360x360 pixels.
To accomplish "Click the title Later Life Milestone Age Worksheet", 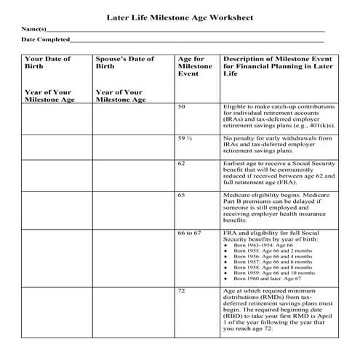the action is tap(180, 15).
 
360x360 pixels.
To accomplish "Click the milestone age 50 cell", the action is tap(182, 107).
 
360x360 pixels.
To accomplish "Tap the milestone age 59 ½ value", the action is tap(185, 137).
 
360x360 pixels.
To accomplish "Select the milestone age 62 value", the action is tap(182, 164).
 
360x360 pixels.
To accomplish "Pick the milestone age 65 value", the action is tap(182, 196).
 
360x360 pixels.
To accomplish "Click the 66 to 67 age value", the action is tap(189, 231).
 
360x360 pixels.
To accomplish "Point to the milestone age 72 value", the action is tap(182, 290).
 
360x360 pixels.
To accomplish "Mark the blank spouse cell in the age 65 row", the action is tap(133, 207).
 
